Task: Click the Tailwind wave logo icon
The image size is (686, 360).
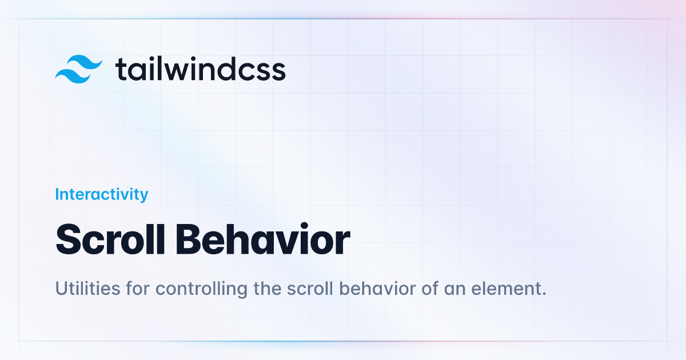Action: pos(78,69)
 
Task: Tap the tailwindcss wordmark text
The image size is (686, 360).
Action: pos(201,69)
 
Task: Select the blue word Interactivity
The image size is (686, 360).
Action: pos(102,195)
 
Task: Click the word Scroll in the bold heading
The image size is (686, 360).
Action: pos(110,239)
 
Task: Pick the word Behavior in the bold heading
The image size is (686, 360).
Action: pos(263,239)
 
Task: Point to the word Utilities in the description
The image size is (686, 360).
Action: pos(87,289)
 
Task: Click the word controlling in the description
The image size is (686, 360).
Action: pos(201,289)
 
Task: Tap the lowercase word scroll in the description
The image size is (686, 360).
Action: pos(310,289)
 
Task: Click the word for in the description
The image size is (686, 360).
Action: pos(138,289)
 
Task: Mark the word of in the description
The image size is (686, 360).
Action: pos(430,289)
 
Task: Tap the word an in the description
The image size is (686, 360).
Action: pos(454,290)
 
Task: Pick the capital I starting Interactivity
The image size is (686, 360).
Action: pos(57,194)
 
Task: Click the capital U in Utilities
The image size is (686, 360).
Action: pos(62,289)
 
